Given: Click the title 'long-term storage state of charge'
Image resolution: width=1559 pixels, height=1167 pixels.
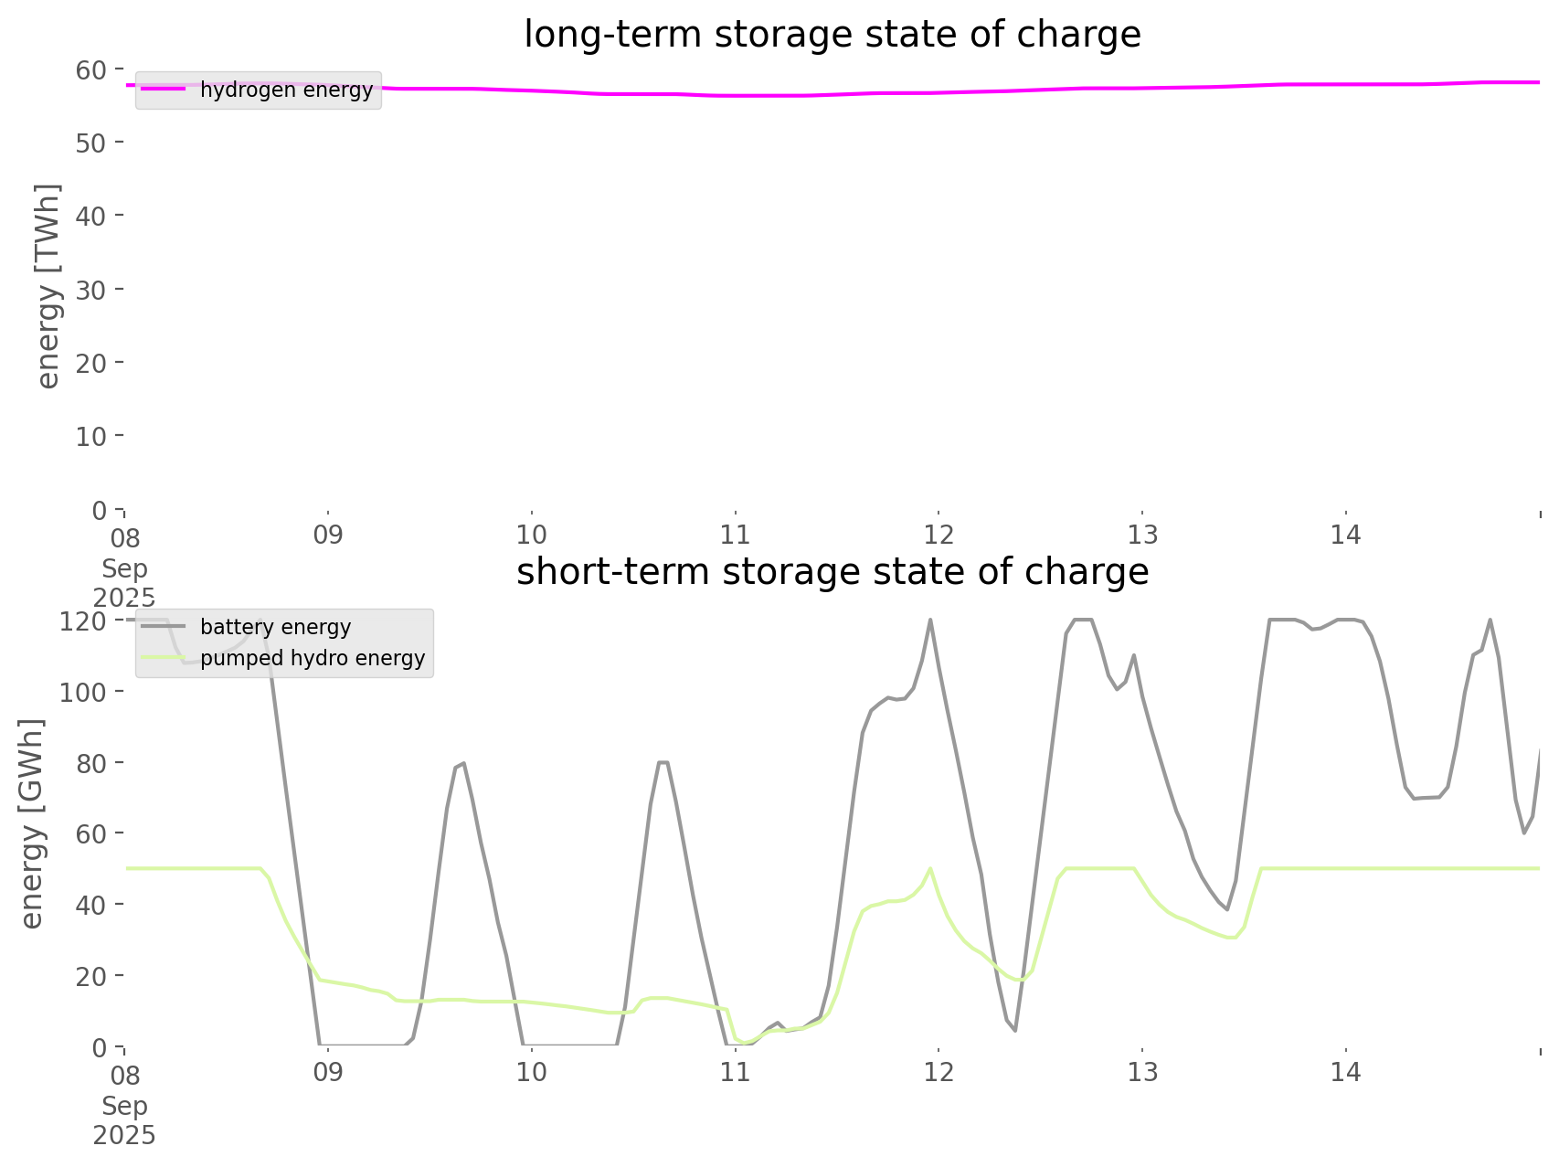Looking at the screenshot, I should point(832,35).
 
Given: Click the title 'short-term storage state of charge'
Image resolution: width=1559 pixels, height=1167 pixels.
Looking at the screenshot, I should point(832,572).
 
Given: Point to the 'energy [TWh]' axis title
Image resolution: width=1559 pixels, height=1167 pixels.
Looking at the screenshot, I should point(48,286).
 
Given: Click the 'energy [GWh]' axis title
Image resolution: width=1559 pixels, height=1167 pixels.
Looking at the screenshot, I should point(32,823).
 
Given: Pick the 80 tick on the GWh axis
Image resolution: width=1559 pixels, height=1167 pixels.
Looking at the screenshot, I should point(90,762).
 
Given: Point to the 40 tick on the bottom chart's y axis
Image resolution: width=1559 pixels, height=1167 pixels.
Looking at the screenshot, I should point(90,905).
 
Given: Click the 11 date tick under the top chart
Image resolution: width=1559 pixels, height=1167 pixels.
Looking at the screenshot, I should point(735,535).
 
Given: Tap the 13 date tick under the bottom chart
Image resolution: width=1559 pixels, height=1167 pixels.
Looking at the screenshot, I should point(1142,1072).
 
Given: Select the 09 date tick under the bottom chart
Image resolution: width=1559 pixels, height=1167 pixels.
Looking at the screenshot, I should point(328,1072).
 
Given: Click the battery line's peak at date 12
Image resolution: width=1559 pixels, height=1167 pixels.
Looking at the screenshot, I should point(930,620).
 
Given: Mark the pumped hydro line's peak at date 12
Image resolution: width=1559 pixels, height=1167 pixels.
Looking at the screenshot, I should point(930,868).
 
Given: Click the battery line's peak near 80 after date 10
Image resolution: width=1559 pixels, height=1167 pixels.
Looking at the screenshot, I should point(663,762).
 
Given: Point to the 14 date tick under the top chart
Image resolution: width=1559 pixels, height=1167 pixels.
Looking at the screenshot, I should point(1346,535).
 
